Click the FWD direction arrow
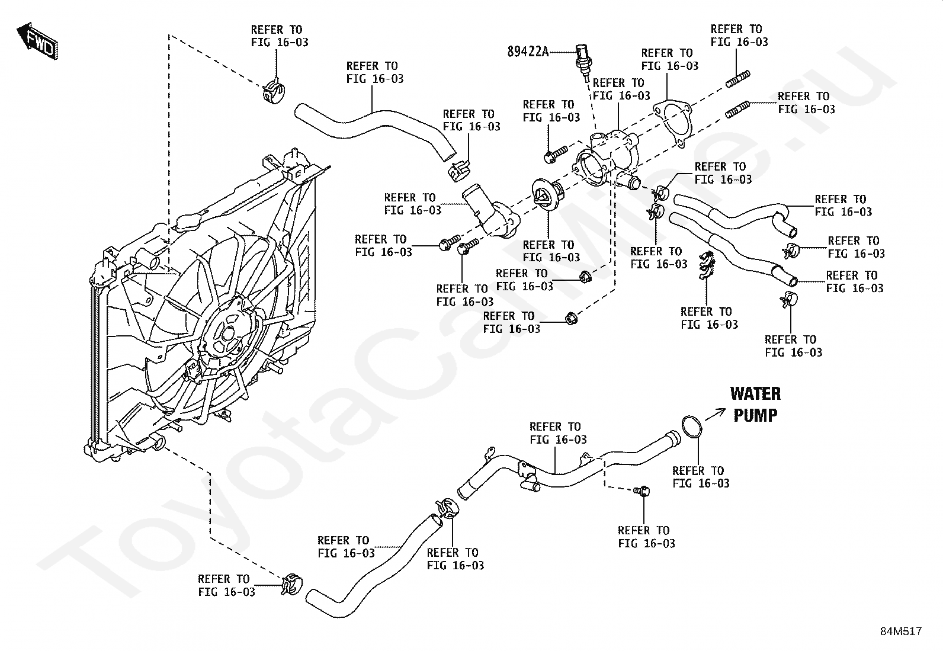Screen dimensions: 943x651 [37, 41]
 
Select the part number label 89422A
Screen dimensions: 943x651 [528, 52]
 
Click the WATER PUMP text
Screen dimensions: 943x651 [755, 404]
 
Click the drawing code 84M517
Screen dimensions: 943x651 [900, 631]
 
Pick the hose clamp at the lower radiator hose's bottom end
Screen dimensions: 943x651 [291, 585]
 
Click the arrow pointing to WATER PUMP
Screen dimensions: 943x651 [715, 414]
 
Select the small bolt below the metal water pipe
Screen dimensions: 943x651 [642, 490]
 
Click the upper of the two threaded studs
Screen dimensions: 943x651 [738, 79]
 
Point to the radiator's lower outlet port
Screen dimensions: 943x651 [159, 442]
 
